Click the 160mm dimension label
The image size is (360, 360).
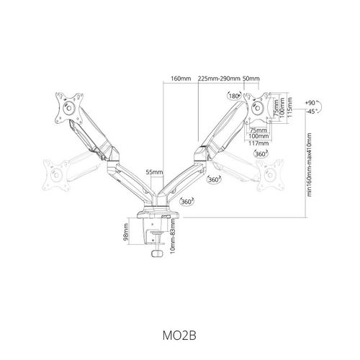(x=181, y=78)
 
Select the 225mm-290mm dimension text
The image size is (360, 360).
(x=219, y=78)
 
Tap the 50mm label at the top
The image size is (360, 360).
(x=251, y=78)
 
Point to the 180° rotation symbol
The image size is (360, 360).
(x=234, y=96)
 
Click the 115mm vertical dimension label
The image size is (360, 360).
(x=289, y=107)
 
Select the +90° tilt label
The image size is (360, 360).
(x=311, y=103)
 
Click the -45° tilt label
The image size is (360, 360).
(x=311, y=112)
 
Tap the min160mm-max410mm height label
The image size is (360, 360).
(x=309, y=165)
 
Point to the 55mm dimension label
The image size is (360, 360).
(x=154, y=172)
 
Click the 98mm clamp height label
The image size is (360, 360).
(x=126, y=232)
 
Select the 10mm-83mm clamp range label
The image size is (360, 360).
(x=172, y=236)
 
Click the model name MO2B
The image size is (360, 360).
(x=179, y=336)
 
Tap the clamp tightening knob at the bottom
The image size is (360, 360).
(x=157, y=253)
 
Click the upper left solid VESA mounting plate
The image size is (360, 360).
(x=69, y=108)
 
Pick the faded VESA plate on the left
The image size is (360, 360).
(x=56, y=175)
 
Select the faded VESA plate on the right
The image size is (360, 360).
(x=270, y=175)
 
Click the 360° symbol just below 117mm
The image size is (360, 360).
(x=261, y=154)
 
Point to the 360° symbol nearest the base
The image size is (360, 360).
(x=186, y=202)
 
